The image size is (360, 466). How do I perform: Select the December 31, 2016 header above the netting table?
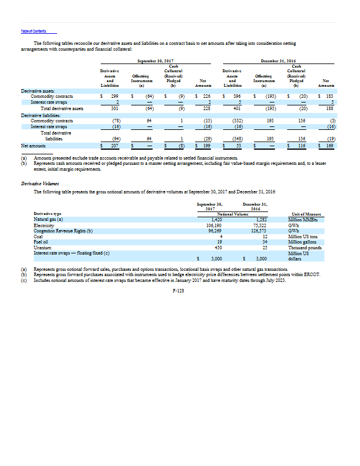[x=278, y=61]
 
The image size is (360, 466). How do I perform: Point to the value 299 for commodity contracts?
[x=115, y=95]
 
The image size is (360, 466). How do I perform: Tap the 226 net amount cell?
[x=206, y=95]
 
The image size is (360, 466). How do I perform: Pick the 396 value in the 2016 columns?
[x=236, y=95]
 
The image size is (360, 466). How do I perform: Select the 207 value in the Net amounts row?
[x=115, y=144]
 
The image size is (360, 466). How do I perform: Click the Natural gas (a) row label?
[x=48, y=219]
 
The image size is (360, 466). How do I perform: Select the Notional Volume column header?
[x=233, y=214]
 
